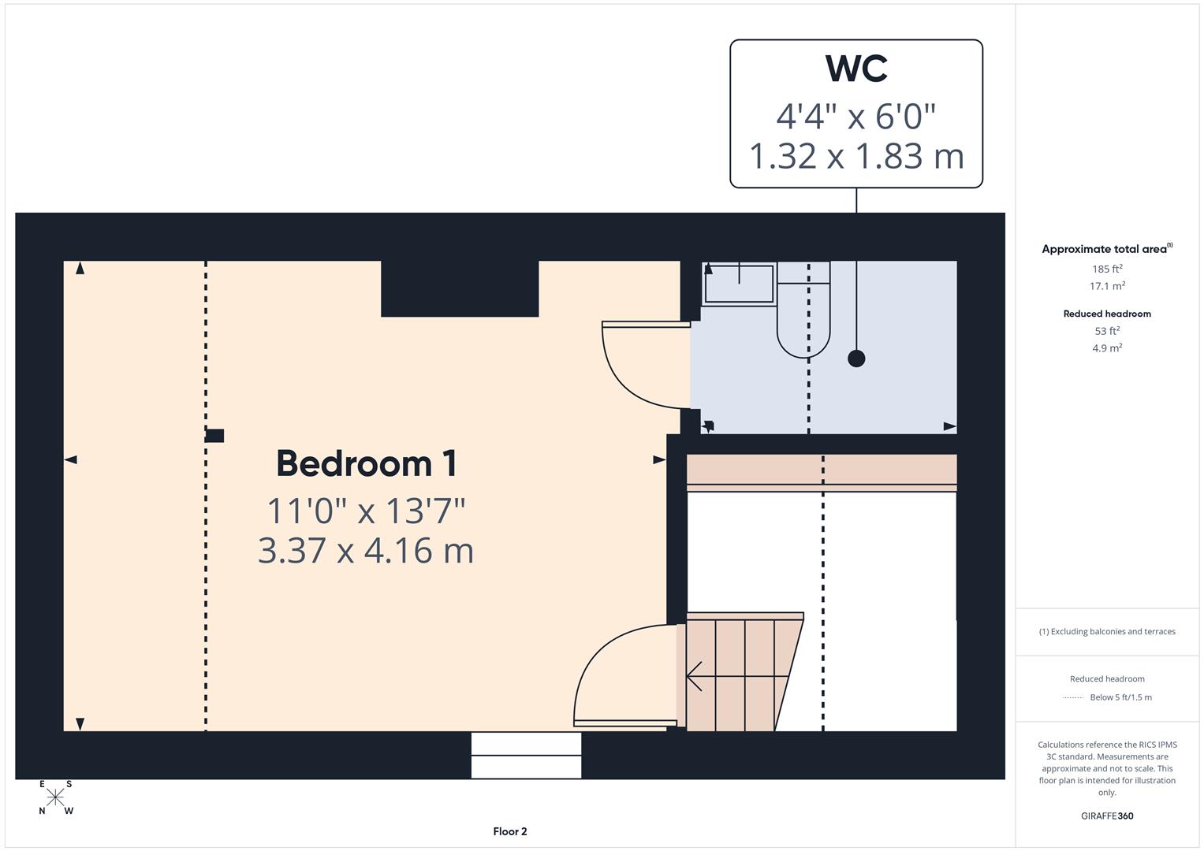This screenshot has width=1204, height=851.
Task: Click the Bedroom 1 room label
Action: (x=366, y=463)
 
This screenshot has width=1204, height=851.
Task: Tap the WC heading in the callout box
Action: (x=856, y=69)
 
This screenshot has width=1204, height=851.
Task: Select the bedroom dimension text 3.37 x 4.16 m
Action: (x=366, y=550)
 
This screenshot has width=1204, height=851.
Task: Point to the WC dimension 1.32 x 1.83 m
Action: (x=856, y=156)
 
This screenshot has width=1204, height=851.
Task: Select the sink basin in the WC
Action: (x=739, y=284)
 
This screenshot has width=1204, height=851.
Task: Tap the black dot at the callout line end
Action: (x=856, y=359)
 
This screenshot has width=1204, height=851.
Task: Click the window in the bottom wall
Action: (x=526, y=755)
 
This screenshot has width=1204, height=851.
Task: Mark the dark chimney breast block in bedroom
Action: (x=460, y=288)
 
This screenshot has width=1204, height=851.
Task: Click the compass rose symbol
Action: (x=55, y=797)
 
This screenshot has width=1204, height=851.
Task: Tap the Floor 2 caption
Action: (x=510, y=831)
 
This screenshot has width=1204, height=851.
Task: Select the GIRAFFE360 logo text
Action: (x=1107, y=816)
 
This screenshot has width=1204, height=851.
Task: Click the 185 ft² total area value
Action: (x=1107, y=269)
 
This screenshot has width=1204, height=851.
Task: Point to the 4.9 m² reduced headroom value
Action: (x=1107, y=347)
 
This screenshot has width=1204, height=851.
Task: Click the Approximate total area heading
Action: (x=1105, y=249)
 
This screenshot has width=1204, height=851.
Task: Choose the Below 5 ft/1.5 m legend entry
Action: (x=1120, y=697)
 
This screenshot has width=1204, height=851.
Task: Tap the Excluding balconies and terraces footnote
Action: (x=1107, y=631)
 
